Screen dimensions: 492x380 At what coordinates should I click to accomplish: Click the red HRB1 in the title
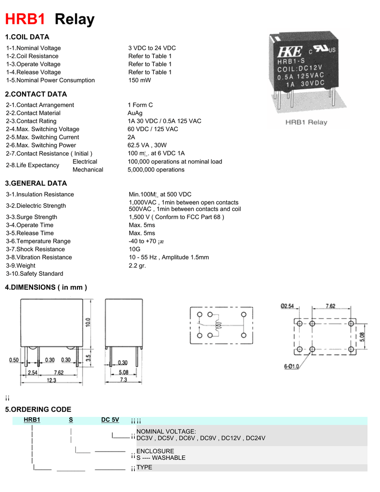pos(25,19)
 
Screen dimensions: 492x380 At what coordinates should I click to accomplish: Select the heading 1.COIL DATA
pos(27,37)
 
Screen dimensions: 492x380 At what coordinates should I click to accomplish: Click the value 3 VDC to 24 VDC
pos(152,48)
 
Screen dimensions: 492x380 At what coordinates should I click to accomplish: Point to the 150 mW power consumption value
pos(139,80)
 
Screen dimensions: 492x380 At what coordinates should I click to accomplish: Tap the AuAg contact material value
pos(135,113)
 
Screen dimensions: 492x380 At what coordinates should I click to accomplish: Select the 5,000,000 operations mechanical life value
pos(156,170)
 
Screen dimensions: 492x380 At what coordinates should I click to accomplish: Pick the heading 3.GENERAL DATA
pos(36,183)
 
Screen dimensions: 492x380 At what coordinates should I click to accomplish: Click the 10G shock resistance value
pos(134,249)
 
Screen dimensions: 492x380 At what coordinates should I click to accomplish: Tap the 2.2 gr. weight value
pos(137,265)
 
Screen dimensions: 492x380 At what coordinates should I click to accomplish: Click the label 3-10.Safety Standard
pos(35,273)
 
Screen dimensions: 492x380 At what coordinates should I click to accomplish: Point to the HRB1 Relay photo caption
pos(306,122)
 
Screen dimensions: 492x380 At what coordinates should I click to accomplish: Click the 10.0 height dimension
pos(88,322)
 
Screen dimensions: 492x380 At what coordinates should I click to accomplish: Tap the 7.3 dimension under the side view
pos(123,380)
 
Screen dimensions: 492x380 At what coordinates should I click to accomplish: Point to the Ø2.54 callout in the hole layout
pos(288,306)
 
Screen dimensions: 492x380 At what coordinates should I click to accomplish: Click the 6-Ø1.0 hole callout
pos(292,366)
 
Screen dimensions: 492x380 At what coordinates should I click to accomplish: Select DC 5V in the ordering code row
pos(110,419)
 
